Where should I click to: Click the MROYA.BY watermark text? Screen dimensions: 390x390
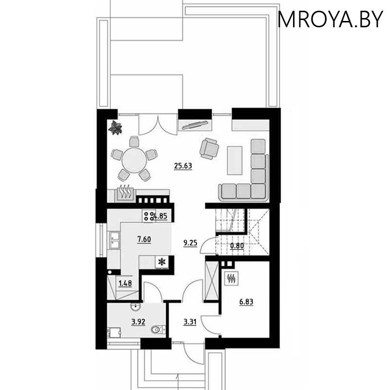click(330, 19)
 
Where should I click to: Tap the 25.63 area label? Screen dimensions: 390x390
click(183, 166)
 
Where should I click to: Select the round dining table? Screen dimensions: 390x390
click(134, 160)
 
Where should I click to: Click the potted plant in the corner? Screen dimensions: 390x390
click(115, 128)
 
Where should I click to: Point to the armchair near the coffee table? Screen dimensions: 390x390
click(210, 149)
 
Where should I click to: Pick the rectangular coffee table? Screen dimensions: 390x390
click(234, 160)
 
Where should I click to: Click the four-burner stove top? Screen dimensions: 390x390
click(149, 216)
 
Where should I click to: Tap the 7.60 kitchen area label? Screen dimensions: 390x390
click(144, 239)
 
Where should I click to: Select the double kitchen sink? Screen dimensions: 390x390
click(114, 240)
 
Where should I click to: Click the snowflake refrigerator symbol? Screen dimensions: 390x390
click(162, 261)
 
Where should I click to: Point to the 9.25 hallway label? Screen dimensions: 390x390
click(190, 243)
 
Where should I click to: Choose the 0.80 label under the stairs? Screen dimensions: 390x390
click(237, 246)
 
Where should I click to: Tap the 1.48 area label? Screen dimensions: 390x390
click(125, 283)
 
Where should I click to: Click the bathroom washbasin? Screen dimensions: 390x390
click(136, 307)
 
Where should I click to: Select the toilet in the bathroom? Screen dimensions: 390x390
click(158, 330)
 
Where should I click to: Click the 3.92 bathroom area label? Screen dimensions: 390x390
click(138, 322)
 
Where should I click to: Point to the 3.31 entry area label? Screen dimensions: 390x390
click(190, 322)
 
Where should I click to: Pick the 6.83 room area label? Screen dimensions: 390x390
click(246, 302)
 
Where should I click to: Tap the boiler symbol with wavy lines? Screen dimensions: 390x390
click(232, 278)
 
